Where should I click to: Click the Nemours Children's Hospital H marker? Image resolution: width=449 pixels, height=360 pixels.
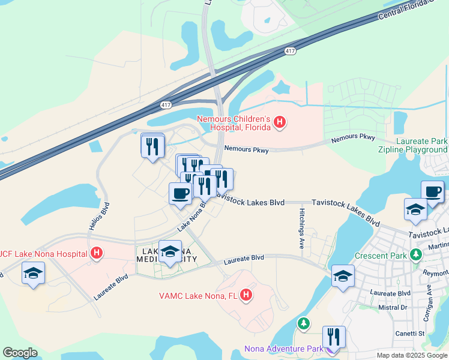click(279, 123)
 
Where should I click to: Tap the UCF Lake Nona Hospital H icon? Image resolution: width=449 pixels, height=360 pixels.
click(95, 253)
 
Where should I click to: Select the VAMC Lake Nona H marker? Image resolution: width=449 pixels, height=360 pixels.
click(246, 295)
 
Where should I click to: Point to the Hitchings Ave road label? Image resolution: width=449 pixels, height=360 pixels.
click(302, 229)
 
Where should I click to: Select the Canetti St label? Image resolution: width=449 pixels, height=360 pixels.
click(410, 334)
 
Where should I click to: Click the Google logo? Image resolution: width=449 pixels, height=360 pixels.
click(20, 353)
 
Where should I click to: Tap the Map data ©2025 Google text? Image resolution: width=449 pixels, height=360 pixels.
click(411, 355)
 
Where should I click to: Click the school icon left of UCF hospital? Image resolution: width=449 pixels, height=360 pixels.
click(32, 274)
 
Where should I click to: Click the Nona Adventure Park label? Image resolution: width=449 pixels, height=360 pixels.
click(284, 349)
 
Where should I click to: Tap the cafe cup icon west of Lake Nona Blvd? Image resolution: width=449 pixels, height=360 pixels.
click(181, 193)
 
